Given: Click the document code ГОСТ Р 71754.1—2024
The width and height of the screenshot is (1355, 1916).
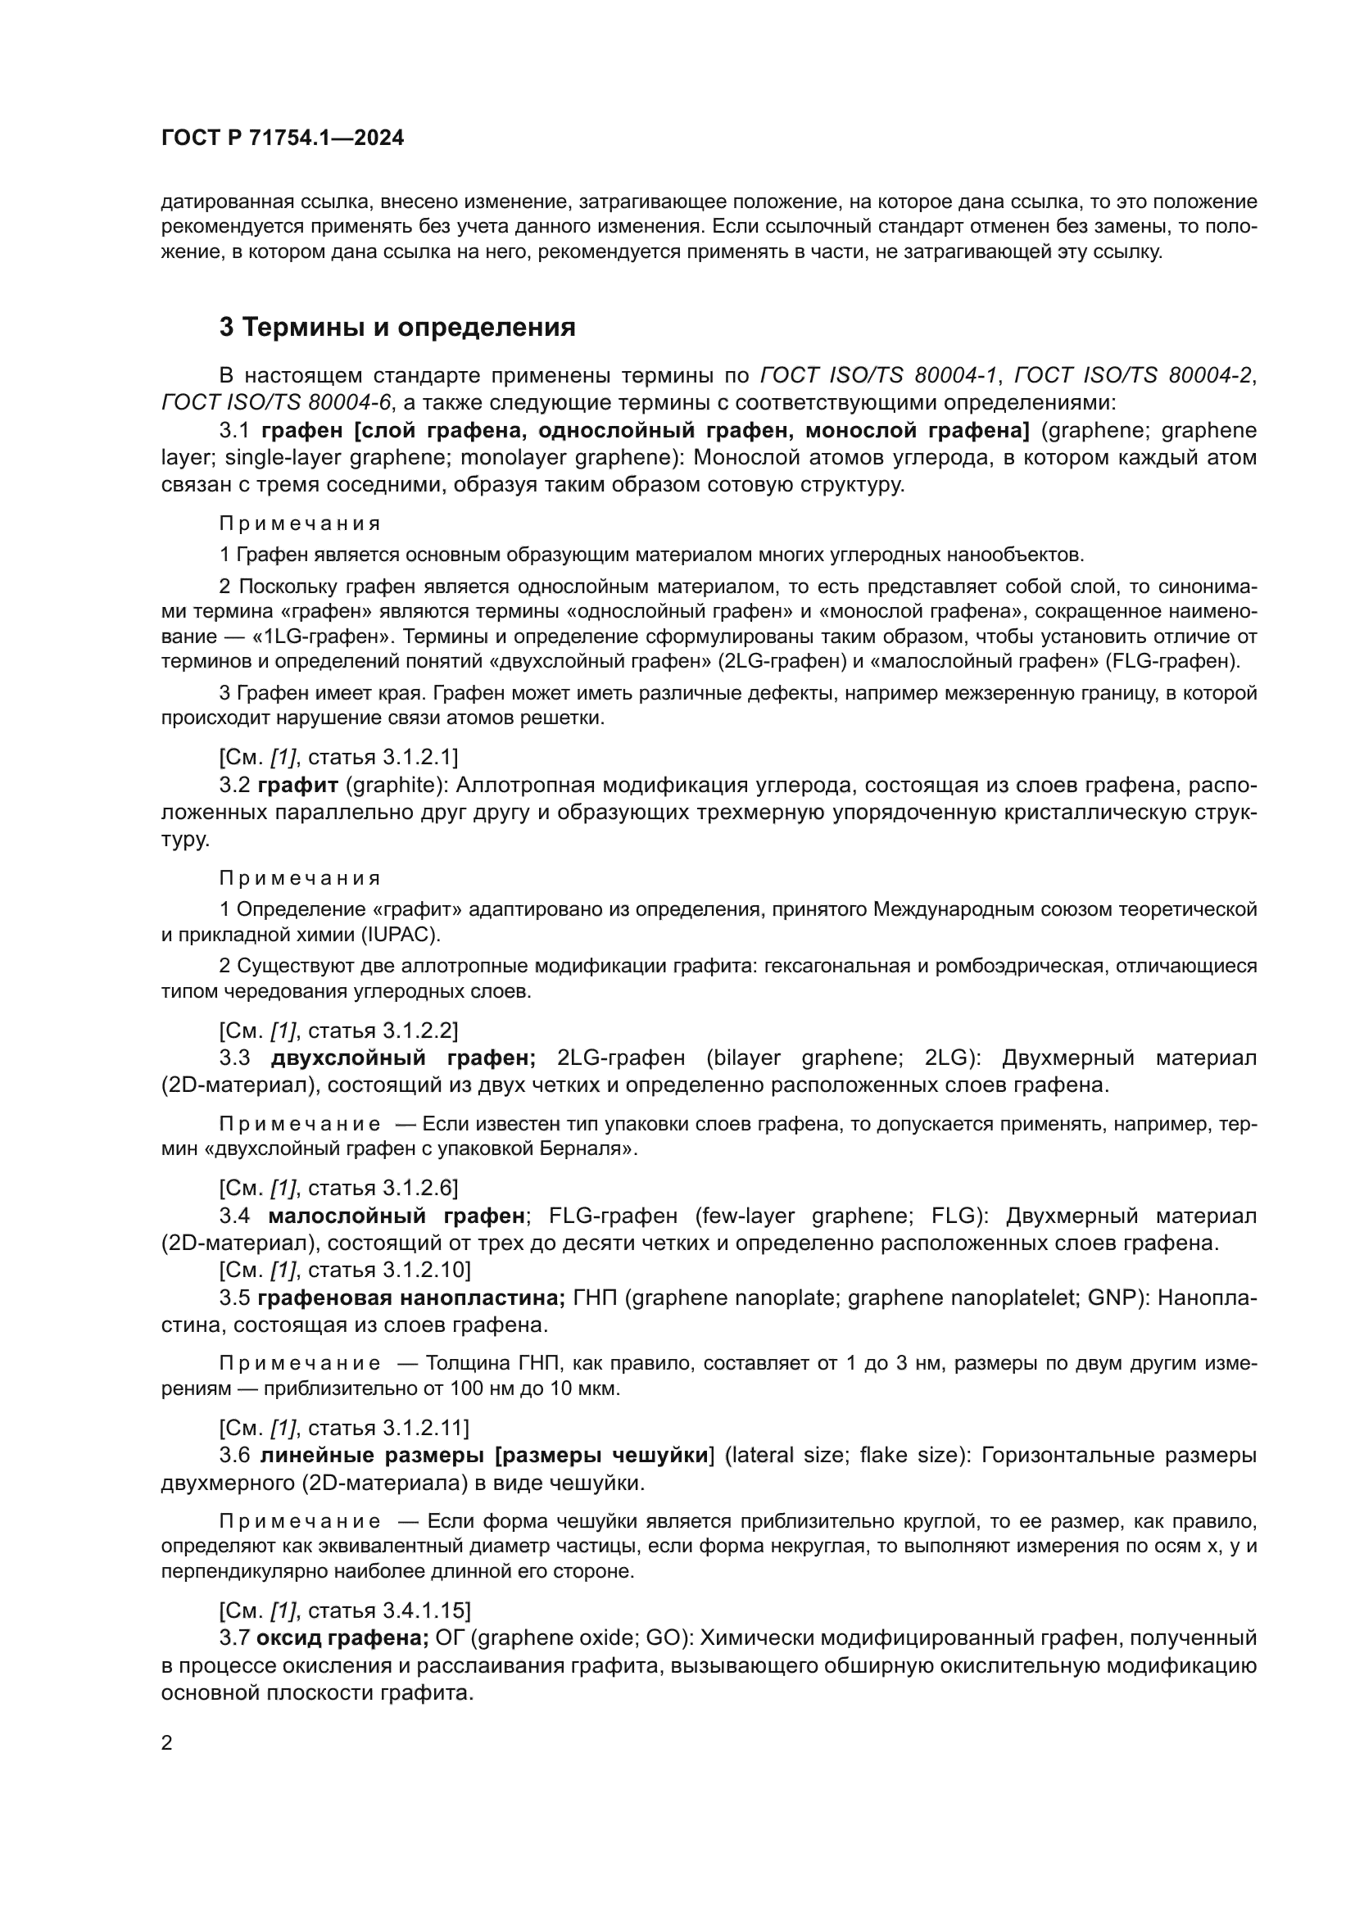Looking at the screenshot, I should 282,138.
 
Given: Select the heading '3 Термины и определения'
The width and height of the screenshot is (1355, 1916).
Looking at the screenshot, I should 397,327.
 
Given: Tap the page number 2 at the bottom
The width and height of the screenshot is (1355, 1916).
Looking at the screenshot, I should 167,1742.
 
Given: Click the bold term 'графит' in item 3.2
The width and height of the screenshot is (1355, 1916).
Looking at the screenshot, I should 298,785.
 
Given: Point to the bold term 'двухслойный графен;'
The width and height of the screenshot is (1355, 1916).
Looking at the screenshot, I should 403,1058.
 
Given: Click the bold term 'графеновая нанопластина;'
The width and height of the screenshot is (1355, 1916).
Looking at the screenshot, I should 411,1298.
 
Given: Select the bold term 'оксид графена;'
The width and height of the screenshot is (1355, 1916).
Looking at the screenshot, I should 342,1638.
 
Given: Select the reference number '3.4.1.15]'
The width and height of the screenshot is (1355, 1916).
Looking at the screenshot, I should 426,1610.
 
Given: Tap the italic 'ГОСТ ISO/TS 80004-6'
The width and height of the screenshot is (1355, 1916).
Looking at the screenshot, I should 275,402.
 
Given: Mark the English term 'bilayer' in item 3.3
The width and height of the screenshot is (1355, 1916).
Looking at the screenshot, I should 745,1058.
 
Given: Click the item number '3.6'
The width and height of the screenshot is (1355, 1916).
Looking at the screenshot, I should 234,1456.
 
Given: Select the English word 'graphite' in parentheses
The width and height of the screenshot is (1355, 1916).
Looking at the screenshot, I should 391,785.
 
